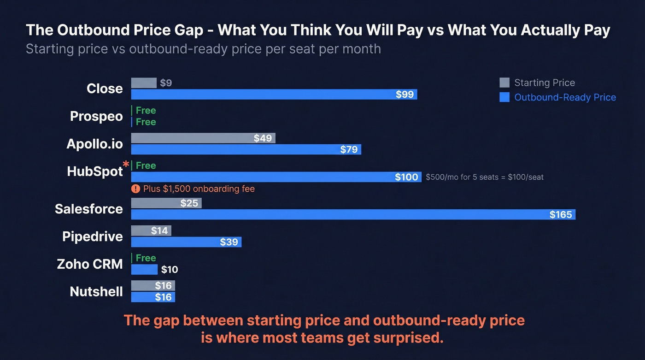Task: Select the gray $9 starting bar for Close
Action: pos(144,83)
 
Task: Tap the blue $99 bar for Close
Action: pos(274,94)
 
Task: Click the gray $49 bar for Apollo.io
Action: pos(203,138)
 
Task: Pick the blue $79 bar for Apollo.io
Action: pos(246,149)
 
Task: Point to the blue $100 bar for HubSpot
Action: pos(276,177)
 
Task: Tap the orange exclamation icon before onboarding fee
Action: pos(135,189)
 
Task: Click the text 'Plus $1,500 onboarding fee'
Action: pos(199,189)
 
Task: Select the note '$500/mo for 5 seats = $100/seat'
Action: pos(484,177)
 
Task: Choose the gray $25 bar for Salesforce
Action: pos(166,203)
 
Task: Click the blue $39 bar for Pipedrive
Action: pos(186,242)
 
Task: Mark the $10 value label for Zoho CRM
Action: pos(170,270)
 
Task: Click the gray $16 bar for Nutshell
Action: pos(153,286)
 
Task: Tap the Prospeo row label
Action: pos(96,116)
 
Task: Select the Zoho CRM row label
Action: pos(90,264)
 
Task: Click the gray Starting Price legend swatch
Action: pos(504,83)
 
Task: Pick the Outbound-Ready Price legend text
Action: pos(565,97)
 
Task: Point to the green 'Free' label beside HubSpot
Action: pos(146,165)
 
